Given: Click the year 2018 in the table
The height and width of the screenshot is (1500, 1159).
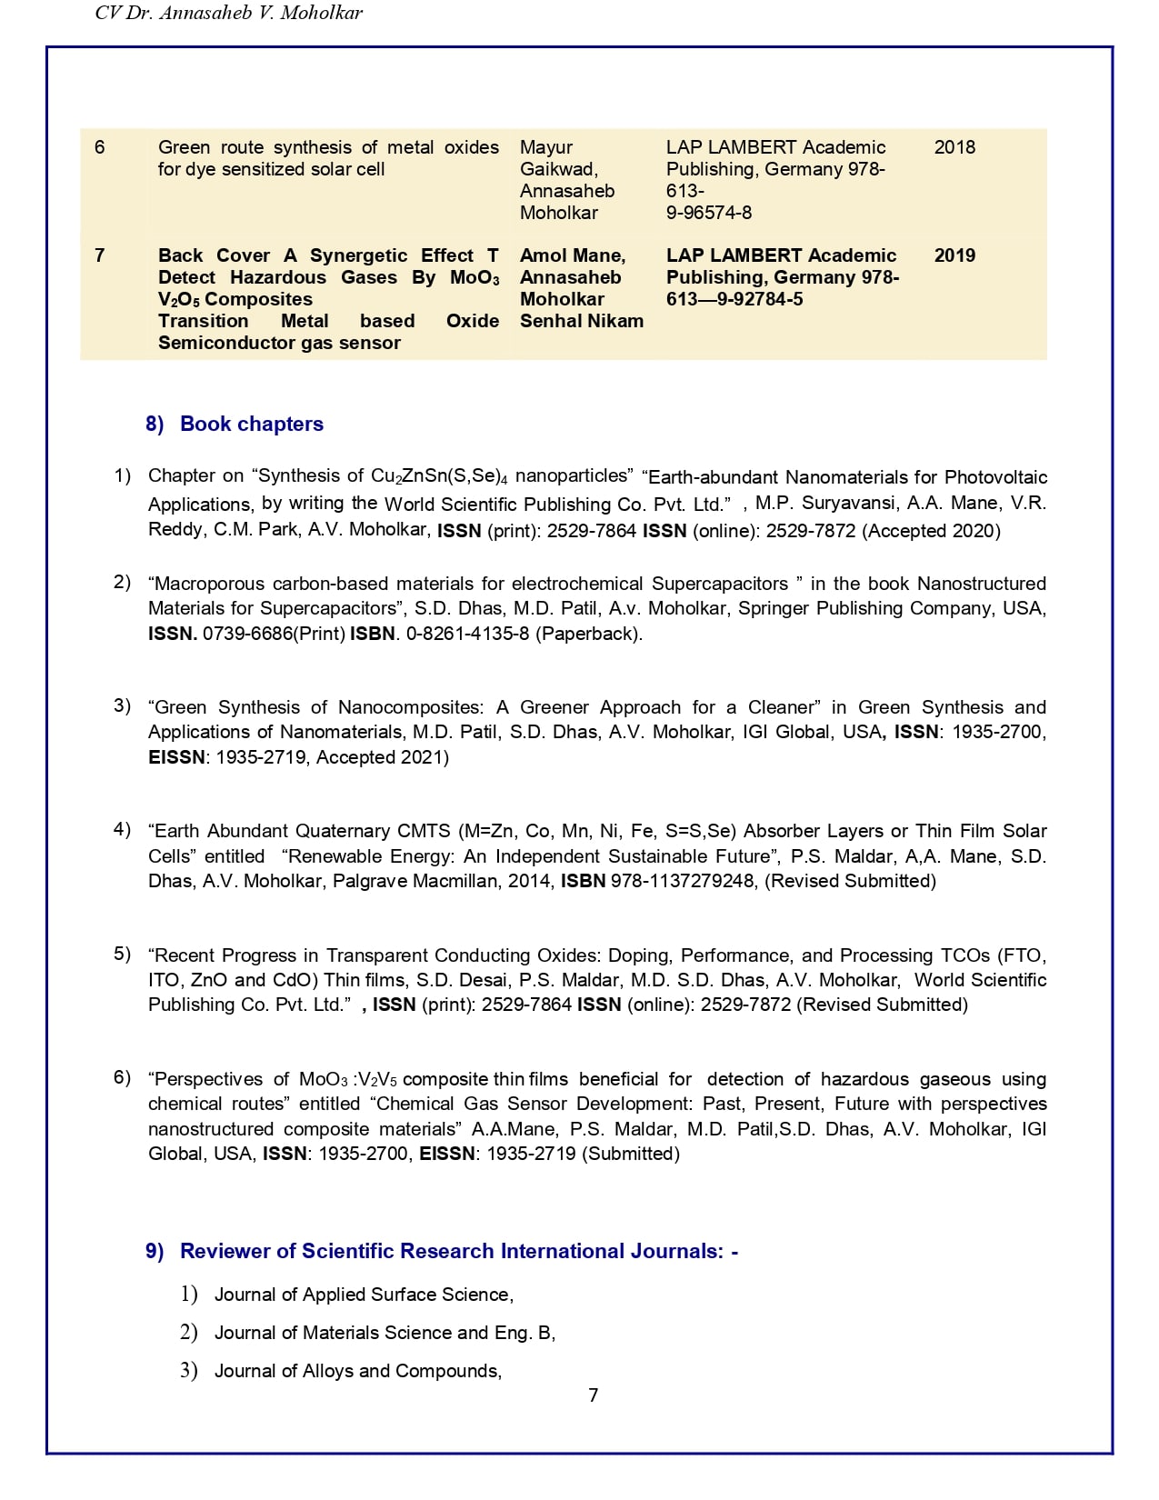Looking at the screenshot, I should tap(954, 147).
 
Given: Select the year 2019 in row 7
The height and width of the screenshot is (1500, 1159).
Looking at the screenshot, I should tap(954, 255).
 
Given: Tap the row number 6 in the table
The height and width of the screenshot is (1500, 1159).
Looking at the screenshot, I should tap(100, 147).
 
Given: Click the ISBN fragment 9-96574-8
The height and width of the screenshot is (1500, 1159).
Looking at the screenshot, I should tap(709, 213).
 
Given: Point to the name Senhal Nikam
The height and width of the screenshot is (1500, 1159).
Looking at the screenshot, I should tap(582, 321).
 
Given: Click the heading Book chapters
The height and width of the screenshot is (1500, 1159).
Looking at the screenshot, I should tap(252, 424).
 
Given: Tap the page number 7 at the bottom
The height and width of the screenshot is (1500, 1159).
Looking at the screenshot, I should tap(594, 1395).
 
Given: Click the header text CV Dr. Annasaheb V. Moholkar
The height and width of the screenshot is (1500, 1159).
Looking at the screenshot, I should tap(229, 13).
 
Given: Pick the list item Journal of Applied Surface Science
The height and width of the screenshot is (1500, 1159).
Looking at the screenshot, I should tap(364, 1295).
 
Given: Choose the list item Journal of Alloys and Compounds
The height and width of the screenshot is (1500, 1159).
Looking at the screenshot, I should tap(357, 1371).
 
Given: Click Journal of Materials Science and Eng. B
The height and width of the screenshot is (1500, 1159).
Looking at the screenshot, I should tap(385, 1333).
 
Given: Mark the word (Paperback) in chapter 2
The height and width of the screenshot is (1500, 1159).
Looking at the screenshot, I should tap(588, 634).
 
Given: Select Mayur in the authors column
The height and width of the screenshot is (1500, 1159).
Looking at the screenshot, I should tap(546, 147).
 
